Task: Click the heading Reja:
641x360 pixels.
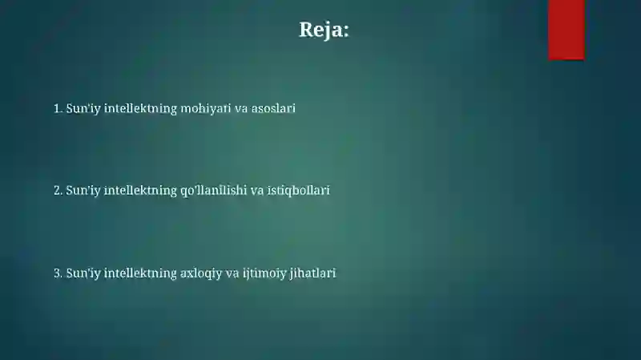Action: coord(324,30)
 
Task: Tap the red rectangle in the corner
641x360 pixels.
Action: coord(566,29)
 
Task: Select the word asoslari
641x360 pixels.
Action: coord(273,107)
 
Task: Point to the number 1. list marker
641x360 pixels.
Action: coord(58,107)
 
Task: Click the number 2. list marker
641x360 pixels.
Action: coord(58,191)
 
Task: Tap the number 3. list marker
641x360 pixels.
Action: coord(58,273)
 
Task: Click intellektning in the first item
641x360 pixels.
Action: coord(139,107)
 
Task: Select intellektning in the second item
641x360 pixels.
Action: coord(139,191)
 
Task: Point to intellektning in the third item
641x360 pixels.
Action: coord(139,273)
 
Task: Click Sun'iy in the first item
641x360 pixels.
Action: coord(83,107)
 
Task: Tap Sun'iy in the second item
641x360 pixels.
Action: coord(83,191)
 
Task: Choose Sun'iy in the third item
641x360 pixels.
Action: coord(83,273)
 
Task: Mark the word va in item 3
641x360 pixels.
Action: coord(232,273)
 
